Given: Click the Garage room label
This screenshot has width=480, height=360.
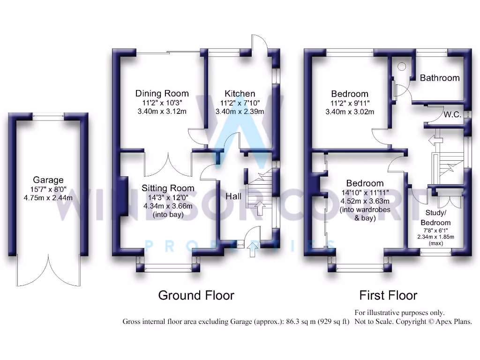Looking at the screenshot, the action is (x=48, y=180).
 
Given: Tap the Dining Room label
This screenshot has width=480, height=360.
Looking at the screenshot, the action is (x=162, y=93).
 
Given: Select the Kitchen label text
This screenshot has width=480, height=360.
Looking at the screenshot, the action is (x=240, y=93).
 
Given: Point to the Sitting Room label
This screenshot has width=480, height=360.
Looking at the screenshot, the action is (x=168, y=188).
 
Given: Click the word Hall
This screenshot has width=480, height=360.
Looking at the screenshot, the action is (x=233, y=196).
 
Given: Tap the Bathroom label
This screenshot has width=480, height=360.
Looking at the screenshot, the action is (x=440, y=78).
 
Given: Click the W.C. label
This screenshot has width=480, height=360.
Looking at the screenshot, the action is (x=452, y=114).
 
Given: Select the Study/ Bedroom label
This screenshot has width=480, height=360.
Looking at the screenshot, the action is (x=435, y=217).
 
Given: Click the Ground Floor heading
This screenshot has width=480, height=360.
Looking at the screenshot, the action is (x=196, y=295).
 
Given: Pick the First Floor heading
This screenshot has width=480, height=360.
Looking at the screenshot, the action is (x=388, y=295).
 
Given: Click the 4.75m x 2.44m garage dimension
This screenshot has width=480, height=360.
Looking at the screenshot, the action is (x=48, y=198).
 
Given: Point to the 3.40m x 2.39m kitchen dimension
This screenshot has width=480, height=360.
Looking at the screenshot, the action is (x=240, y=112).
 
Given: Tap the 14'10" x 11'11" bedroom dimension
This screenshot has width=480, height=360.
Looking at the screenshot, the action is (x=365, y=193).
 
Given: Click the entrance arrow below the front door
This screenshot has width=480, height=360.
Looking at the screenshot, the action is (x=253, y=249).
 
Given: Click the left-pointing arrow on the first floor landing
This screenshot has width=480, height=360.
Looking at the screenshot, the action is (x=436, y=141).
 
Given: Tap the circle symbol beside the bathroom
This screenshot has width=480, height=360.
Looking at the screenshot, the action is (x=402, y=67).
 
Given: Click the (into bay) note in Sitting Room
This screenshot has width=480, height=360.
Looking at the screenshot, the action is (x=168, y=215).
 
